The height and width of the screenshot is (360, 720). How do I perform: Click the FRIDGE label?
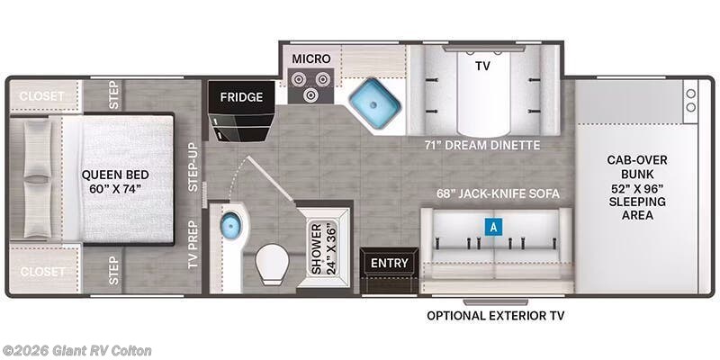coord(241,97)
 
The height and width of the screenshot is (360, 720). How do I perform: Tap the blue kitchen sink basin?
coord(374,103)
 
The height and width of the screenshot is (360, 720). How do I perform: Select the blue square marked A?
coord(493,227)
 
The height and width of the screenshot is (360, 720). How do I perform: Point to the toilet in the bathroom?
coord(272,264)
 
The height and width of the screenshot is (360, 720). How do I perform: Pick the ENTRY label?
coord(390,263)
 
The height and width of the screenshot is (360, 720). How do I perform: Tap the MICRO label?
coord(311,58)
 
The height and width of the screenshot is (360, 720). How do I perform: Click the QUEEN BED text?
coord(115,175)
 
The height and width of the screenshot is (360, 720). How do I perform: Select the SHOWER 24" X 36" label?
coord(323,248)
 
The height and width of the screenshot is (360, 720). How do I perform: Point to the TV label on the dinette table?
coord(482,66)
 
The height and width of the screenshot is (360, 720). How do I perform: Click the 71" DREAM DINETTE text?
coord(482,146)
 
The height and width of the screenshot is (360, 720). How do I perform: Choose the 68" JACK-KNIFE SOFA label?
coord(498,193)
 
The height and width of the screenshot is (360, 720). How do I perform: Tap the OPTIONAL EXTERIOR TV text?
coord(496,316)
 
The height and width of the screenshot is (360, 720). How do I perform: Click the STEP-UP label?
coord(193,166)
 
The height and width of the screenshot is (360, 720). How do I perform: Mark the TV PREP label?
coord(193,244)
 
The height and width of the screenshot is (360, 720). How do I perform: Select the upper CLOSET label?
coord(41,96)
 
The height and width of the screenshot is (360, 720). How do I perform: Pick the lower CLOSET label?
coord(41,272)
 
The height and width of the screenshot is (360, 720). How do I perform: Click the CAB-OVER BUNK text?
coord(636,167)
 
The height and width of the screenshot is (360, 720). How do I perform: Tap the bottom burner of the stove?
coord(311,94)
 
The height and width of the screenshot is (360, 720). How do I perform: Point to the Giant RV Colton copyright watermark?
coord(76,351)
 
